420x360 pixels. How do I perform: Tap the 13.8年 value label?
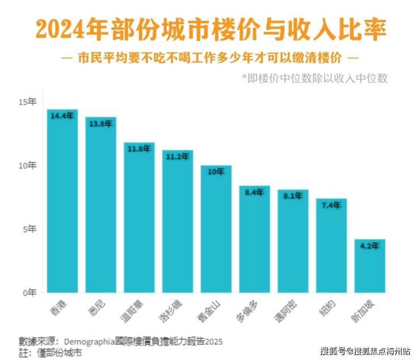point(100,124)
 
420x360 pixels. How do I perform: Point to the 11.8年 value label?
point(139,149)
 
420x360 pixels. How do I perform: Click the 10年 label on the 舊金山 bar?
point(216,171)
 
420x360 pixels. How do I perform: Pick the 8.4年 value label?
point(254,192)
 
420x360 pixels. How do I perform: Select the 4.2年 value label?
point(369,246)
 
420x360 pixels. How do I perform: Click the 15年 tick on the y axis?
point(27,102)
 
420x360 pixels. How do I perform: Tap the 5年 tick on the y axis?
point(29,229)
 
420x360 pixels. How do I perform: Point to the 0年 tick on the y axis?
point(29,293)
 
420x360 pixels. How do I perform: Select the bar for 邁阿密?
point(293,241)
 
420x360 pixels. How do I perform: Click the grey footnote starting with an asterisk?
point(314,78)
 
